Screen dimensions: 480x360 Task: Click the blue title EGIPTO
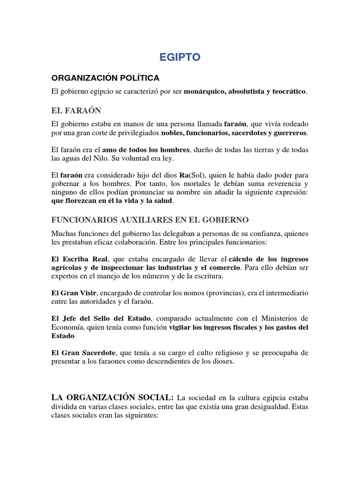[x=180, y=57]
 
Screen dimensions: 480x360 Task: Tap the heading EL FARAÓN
[x=76, y=111]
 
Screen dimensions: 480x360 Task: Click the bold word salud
[x=164, y=201]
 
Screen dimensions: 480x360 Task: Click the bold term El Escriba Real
[x=80, y=259]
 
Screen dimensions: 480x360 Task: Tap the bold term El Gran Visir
[x=75, y=293]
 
